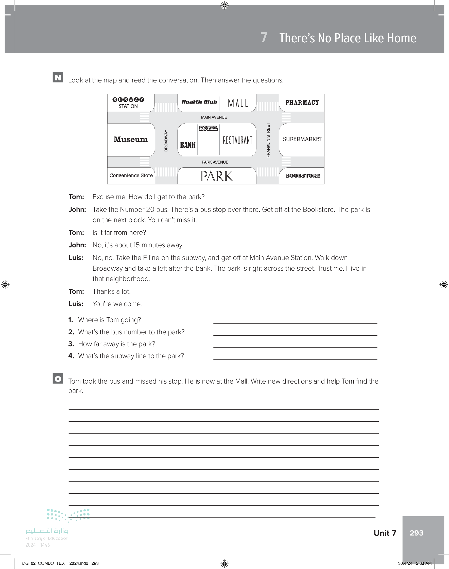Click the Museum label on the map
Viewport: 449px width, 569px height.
[x=131, y=139]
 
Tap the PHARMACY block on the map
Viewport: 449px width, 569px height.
[x=302, y=102]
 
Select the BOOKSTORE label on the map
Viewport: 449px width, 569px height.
[x=303, y=176]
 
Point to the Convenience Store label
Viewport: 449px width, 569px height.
[x=131, y=175]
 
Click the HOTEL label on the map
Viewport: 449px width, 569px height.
[x=208, y=128]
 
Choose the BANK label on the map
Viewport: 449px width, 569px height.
[x=188, y=145]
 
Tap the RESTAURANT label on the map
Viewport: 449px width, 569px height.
[x=238, y=140]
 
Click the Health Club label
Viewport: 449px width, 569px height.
[x=199, y=102]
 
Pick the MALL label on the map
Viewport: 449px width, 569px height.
[x=238, y=103]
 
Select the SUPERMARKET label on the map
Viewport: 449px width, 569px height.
[x=302, y=139]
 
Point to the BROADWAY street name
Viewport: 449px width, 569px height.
[x=166, y=141]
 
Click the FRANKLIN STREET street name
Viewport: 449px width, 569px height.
[x=268, y=140]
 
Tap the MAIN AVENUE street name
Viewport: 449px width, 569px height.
[x=214, y=117]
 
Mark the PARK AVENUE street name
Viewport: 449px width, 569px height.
[x=215, y=162]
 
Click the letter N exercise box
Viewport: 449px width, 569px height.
[x=58, y=77]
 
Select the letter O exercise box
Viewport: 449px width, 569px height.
[x=58, y=378]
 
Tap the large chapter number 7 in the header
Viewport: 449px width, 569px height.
[x=264, y=37]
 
